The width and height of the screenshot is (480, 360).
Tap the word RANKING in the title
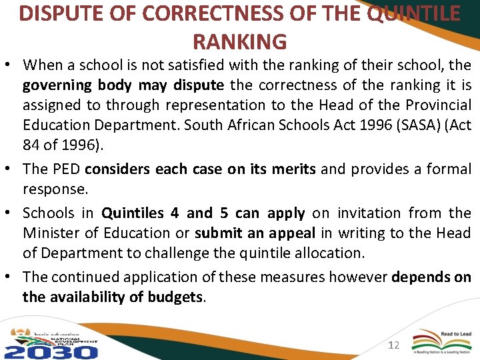[x=239, y=41]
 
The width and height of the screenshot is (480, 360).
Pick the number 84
[x=33, y=145]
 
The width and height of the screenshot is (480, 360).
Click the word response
[x=55, y=189]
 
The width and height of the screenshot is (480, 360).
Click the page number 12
[x=393, y=345]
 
